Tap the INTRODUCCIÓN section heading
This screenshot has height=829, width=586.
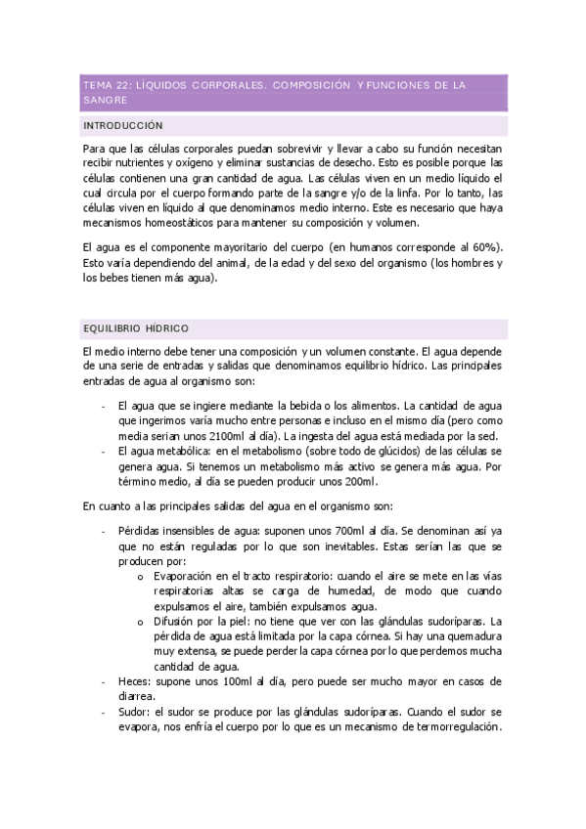point(123,126)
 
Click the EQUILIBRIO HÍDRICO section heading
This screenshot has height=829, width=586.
point(136,327)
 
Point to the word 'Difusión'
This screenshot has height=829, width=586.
point(177,621)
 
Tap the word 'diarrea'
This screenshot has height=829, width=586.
point(137,696)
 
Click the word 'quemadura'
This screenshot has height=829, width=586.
point(471,636)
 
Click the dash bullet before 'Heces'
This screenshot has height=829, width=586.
point(104,680)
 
